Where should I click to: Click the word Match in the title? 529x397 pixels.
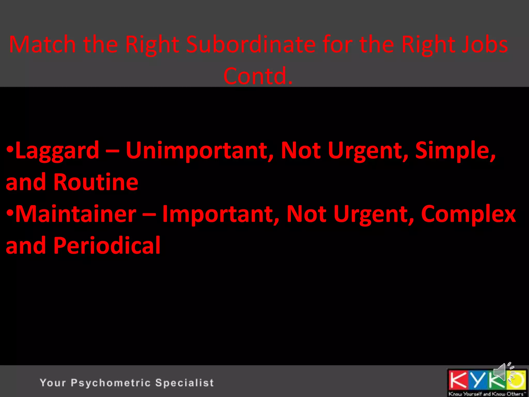coord(42,44)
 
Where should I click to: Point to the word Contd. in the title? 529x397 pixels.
coord(258,76)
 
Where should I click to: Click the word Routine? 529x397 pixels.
coord(96,182)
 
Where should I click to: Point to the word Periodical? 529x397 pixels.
coord(107,246)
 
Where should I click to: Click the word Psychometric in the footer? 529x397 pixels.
coord(111,383)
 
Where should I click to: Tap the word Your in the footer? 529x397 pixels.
coord(53,383)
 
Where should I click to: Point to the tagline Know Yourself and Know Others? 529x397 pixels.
coord(487,394)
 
